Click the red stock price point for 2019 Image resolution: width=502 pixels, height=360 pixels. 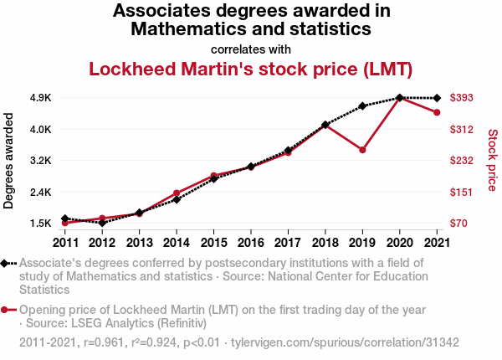pos(362,150)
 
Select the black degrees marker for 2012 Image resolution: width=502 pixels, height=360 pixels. pos(102,223)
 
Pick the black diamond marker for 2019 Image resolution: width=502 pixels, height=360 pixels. pos(362,106)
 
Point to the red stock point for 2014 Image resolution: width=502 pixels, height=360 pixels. pos(177,193)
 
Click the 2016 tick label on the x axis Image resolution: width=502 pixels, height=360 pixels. pos(251,243)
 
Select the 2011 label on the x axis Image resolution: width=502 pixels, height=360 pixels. pos(65,243)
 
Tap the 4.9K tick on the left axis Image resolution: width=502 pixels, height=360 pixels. pos(40,98)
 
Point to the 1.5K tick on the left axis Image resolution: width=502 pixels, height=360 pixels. pos(40,224)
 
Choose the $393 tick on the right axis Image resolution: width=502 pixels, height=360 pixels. pos(463,98)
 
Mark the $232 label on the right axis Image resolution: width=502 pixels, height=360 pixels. pos(463,161)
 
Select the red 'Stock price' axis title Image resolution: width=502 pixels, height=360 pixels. pos(492,159)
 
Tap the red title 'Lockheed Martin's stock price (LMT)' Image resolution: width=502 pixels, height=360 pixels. pos(251,69)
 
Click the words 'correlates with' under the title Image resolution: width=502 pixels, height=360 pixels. pos(251,49)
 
